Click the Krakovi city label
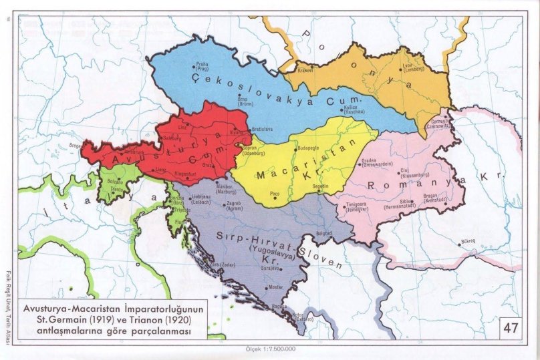click(305, 69)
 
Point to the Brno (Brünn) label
click(245, 101)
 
